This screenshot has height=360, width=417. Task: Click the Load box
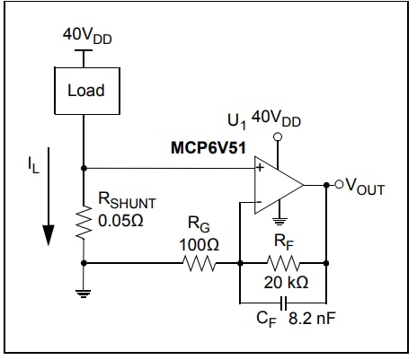84,90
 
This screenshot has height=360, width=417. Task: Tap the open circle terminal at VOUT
339,185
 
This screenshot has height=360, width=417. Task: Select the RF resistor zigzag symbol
284,263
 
